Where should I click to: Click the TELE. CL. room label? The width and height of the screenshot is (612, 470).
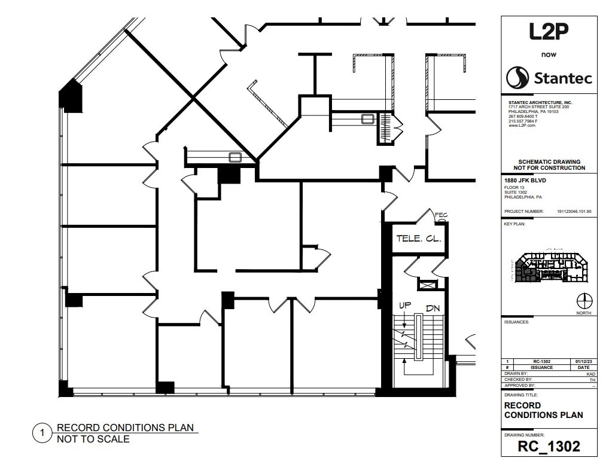[419, 239]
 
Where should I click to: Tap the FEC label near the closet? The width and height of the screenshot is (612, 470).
[442, 215]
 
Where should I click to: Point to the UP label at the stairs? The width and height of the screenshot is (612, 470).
[405, 306]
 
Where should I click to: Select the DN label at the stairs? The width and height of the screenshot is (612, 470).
[433, 309]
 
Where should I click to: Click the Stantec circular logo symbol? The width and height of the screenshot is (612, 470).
[517, 77]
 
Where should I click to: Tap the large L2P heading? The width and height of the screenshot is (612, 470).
[548, 32]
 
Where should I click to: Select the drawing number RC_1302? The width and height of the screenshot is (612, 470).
[549, 446]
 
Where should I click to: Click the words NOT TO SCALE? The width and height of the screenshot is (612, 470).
[93, 440]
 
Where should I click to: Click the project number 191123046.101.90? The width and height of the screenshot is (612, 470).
[574, 211]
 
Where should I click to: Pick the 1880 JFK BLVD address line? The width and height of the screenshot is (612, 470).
[526, 181]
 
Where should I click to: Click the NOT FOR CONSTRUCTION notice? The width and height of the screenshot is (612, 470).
[549, 168]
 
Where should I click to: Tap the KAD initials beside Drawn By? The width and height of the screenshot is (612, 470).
[591, 373]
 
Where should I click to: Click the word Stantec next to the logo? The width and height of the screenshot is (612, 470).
[562, 78]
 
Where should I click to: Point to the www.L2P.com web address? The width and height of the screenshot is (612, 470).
[522, 126]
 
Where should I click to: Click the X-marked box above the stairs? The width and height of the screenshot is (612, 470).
[427, 285]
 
